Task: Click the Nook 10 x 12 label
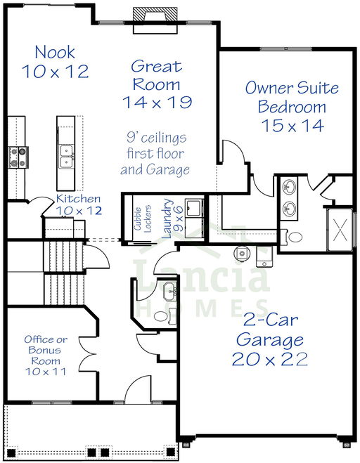(x=56, y=62)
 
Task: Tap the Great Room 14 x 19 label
(x=157, y=84)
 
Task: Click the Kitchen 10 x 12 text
(x=79, y=204)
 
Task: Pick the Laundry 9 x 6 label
(x=172, y=219)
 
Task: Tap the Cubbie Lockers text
(x=143, y=219)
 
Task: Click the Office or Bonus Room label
(x=46, y=356)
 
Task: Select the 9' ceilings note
(x=155, y=154)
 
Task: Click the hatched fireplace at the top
(x=155, y=14)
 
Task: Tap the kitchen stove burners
(x=18, y=157)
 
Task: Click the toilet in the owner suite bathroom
(x=292, y=237)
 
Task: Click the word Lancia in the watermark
(x=202, y=276)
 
